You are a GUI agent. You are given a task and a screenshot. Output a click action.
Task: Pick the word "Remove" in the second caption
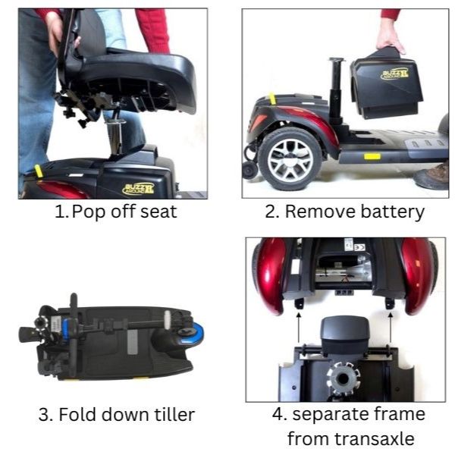[x=318, y=212]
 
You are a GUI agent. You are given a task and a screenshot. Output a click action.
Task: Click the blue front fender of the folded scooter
[x=195, y=332]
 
